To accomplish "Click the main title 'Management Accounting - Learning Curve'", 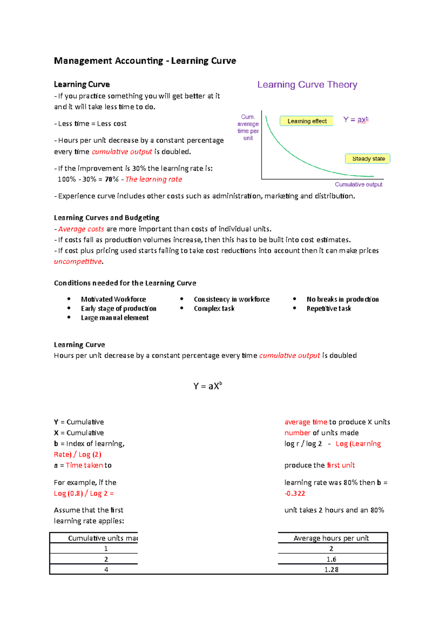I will pos(145,61).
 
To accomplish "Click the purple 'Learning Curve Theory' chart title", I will pos(307,85).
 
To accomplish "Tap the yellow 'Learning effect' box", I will pos(307,121).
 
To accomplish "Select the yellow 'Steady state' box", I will pos(368,159).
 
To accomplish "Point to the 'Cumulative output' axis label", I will pos(358,184).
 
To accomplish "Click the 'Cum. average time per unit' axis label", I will pos(248,127).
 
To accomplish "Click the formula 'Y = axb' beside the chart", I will pos(356,119).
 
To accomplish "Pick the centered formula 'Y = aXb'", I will pos(207,386).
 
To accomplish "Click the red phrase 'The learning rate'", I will pos(153,179).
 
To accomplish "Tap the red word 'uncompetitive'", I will pos(78,262).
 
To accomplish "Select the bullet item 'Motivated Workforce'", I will pos(113,299).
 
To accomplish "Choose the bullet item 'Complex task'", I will pos(214,309).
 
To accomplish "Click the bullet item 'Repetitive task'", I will pos(329,309).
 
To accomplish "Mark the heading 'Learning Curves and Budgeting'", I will pos(107,218).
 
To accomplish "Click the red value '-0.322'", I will pos(295,494).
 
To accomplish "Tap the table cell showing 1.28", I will pos(331,569).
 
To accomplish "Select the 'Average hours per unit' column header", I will pos(331,538).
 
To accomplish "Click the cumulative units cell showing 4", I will pos(106,569).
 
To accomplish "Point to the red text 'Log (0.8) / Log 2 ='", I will pos(84,494).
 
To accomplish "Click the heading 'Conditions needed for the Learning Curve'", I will pos(125,283).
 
